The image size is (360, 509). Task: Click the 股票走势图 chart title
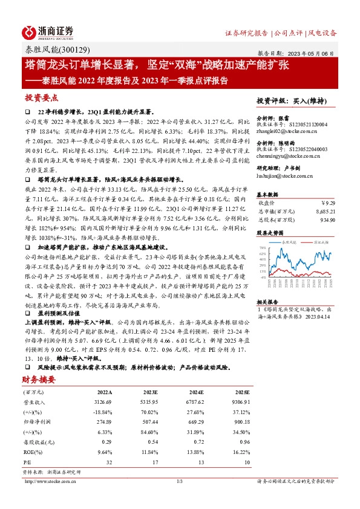[x=269, y=232]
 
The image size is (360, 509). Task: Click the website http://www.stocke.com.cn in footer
[x=51, y=481]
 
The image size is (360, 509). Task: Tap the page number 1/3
[x=179, y=481]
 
